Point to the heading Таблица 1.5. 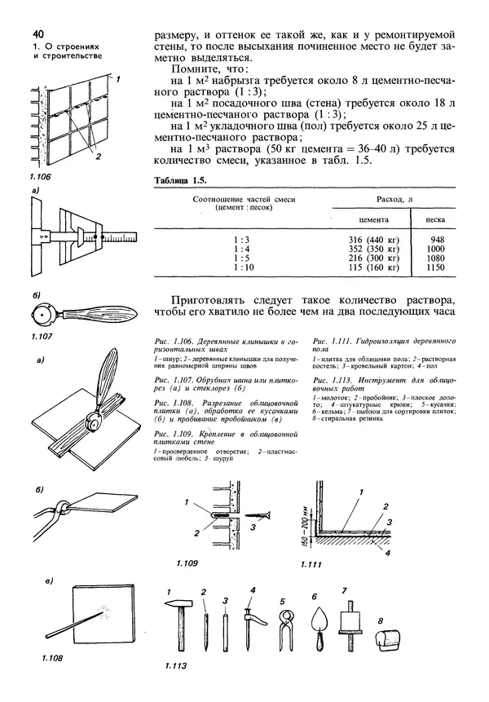[174, 180]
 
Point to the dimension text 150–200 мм [302, 528]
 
